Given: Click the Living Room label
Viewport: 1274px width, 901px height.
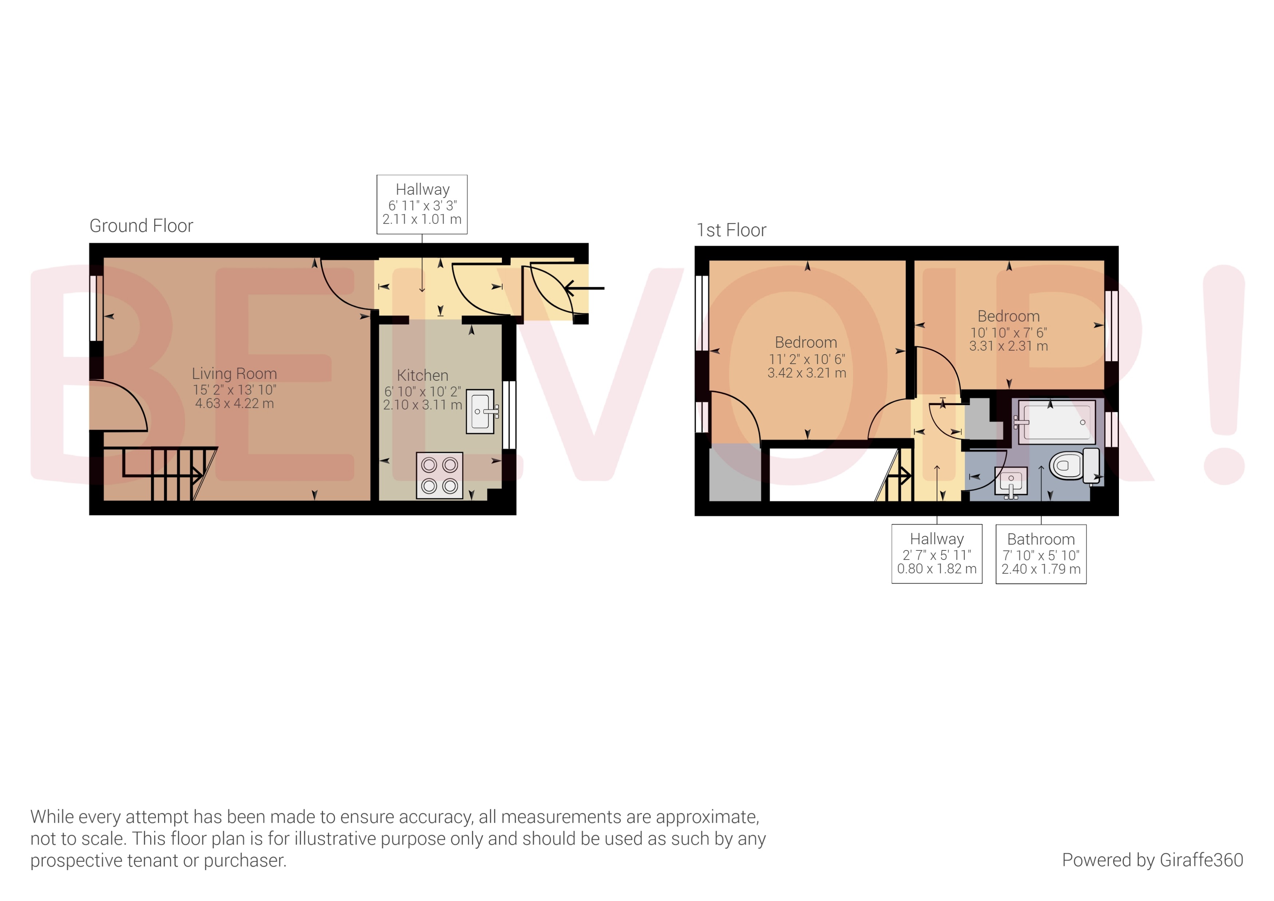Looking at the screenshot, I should click(x=234, y=374).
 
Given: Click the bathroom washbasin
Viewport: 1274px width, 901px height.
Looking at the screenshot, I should click(x=1011, y=481).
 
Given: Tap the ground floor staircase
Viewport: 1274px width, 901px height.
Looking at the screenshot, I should click(x=161, y=474).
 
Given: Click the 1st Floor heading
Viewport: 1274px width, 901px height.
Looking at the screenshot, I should click(x=731, y=230).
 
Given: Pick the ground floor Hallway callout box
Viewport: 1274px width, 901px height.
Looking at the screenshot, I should click(x=422, y=204).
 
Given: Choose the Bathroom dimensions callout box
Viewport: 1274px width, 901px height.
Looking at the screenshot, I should click(x=1041, y=554).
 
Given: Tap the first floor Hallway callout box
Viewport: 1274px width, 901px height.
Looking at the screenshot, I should click(x=937, y=554).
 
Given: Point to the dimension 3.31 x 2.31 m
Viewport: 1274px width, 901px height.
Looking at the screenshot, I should click(x=1008, y=346).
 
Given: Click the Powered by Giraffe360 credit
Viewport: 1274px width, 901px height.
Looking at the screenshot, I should click(x=1152, y=860).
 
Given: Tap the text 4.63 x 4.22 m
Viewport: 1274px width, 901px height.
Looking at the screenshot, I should click(x=234, y=404).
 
